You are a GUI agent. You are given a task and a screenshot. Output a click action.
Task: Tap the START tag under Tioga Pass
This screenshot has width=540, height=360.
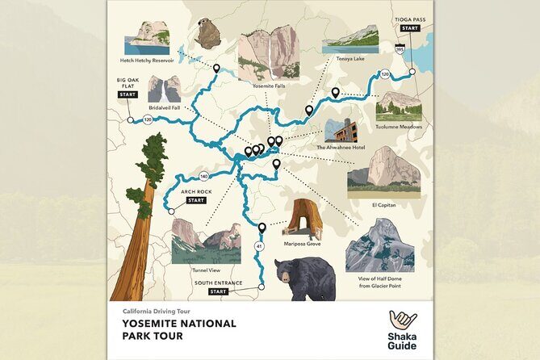click(x=410, y=27)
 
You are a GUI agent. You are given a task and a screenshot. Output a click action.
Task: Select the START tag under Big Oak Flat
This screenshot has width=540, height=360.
click(x=128, y=94)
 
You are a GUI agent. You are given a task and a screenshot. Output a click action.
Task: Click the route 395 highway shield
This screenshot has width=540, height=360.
click(x=400, y=50)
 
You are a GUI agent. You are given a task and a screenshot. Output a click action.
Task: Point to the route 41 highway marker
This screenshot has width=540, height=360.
click(x=259, y=245)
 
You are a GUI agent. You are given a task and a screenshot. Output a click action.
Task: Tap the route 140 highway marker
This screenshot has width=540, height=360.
click(x=203, y=175)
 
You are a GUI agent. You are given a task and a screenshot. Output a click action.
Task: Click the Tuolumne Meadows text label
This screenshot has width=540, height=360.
click(x=398, y=127)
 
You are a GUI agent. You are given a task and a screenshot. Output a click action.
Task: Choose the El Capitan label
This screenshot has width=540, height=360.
click(x=384, y=205)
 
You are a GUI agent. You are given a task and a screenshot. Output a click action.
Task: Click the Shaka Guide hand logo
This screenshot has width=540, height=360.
click(x=402, y=320)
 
